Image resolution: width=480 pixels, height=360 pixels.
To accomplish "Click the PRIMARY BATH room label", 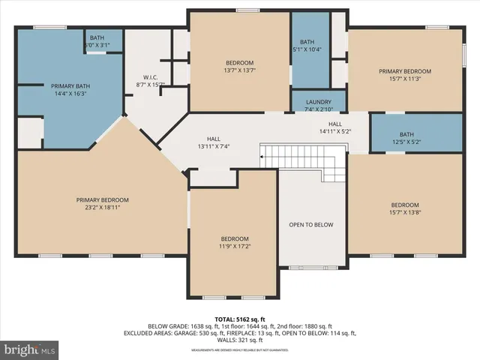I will tap(68, 86).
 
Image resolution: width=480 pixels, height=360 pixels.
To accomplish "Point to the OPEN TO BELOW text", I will tap(311, 225).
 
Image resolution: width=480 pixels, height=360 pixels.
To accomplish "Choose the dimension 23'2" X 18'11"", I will tap(103, 207).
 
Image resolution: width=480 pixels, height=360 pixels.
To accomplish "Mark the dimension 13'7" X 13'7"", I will tap(239, 70).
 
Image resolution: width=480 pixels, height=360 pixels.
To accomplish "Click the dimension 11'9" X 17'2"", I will tap(234, 246).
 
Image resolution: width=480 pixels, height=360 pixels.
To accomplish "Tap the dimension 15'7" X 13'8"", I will tap(404, 213).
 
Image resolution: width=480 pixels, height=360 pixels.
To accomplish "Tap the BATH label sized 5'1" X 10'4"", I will tap(307, 42).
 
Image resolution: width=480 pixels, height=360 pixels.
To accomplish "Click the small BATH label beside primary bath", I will tap(97, 37).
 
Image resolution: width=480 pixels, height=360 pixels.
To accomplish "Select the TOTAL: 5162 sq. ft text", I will tap(239, 319).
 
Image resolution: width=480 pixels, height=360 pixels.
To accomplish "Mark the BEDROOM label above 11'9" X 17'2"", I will tap(234, 238).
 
